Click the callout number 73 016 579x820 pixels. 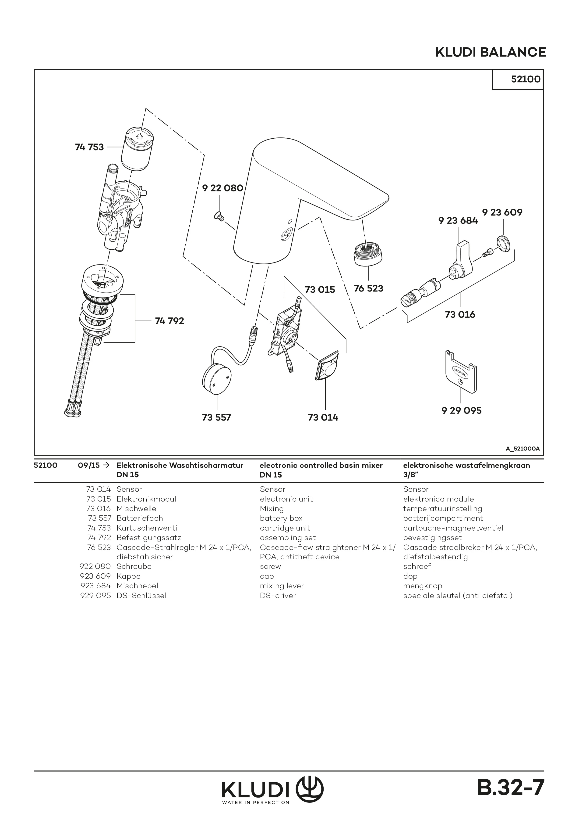tap(460, 315)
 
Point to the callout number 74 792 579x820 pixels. tap(169, 321)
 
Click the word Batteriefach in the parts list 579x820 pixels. tap(139, 518)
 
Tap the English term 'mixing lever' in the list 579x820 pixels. tap(282, 586)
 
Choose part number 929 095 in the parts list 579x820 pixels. tap(95, 595)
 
